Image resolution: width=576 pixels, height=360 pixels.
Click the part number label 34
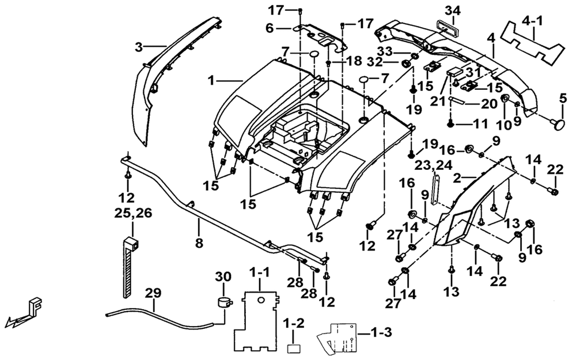[453, 10]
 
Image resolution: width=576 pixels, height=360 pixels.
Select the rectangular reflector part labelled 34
[446, 28]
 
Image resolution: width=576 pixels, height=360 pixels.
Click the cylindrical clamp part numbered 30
[223, 301]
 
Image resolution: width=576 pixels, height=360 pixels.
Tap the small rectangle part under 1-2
[293, 348]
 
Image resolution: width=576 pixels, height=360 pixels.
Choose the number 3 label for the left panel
[138, 47]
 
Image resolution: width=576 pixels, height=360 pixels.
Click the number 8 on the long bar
[199, 243]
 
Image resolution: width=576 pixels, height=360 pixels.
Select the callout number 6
[270, 28]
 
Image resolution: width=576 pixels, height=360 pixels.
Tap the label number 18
[354, 61]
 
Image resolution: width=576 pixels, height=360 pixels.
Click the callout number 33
[385, 51]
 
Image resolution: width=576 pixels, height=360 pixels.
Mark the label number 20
[489, 104]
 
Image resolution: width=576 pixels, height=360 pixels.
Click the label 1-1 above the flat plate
[259, 273]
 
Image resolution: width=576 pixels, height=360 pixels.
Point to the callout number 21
[438, 101]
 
